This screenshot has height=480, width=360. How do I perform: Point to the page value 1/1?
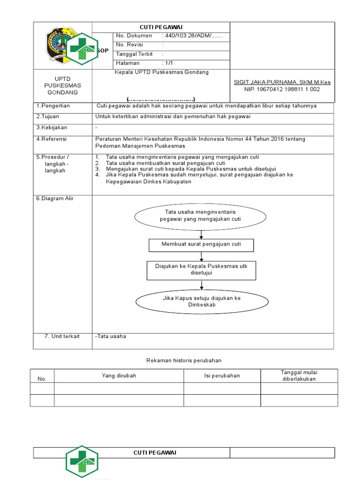168,63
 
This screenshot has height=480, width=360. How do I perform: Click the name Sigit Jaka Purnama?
282,82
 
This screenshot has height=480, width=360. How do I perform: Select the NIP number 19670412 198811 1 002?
282,89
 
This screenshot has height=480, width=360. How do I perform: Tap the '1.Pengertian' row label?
53,106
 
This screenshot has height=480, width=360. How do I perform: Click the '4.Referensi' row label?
52,139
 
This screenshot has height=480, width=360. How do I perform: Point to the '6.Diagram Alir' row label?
55,198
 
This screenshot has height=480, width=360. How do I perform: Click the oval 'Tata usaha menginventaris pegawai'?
201,216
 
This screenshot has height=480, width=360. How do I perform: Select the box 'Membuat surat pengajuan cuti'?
201,245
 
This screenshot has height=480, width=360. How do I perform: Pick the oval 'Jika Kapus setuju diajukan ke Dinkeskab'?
202,301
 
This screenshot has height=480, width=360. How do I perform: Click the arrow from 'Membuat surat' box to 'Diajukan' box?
202,256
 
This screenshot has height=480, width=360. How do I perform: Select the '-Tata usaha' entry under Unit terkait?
111,336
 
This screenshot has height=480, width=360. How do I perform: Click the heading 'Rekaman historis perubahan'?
184,360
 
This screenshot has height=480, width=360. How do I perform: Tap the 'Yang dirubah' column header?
119,375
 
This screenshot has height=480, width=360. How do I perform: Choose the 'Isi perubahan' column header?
222,375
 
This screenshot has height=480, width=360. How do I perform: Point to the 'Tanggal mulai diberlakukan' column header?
299,375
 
